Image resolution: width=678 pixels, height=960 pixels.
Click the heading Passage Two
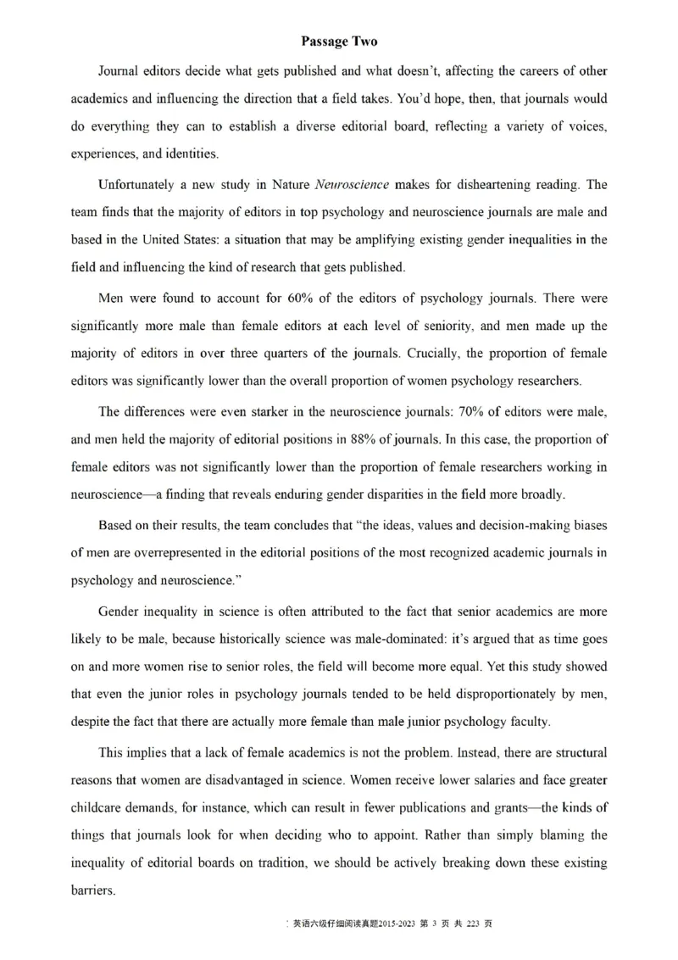(339, 41)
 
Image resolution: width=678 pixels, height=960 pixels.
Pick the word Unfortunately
(138, 184)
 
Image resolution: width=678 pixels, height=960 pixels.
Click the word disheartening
(489, 184)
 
